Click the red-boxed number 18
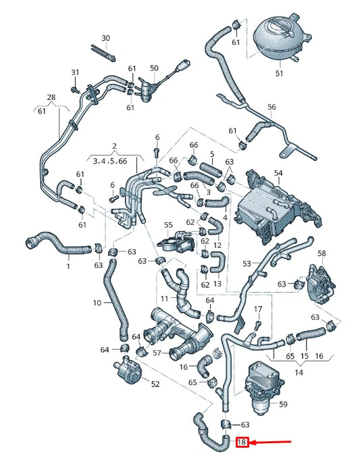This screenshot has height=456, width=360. pyautogui.click(x=242, y=443)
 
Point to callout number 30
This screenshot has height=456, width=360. pyautogui.click(x=105, y=38)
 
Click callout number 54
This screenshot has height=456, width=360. pyautogui.click(x=278, y=174)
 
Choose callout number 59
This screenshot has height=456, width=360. pyautogui.click(x=283, y=404)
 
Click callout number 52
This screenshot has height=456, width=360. pyautogui.click(x=155, y=384)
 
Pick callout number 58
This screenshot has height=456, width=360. pyautogui.click(x=322, y=253)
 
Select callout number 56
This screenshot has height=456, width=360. pyautogui.click(x=272, y=107)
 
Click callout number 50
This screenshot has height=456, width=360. pyautogui.click(x=154, y=68)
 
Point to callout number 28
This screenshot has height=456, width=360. pyautogui.click(x=51, y=98)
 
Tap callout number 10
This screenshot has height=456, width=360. pyautogui.click(x=97, y=303)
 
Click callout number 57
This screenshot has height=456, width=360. pyautogui.click(x=157, y=353)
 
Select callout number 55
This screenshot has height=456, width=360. pyautogui.click(x=169, y=224)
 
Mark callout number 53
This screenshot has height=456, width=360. pyautogui.click(x=247, y=263)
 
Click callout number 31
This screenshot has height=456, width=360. pyautogui.click(x=76, y=72)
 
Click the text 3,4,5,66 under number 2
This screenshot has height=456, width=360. pyautogui.click(x=114, y=161)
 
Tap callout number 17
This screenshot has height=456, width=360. pyautogui.click(x=257, y=309)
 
